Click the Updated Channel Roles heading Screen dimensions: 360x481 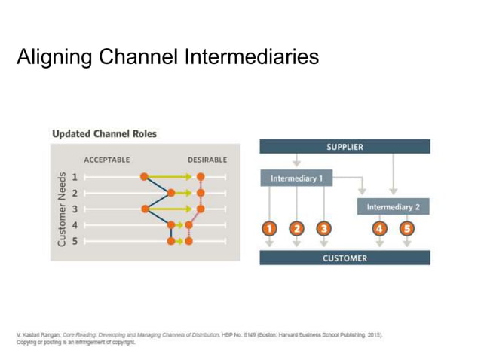[x=104, y=133]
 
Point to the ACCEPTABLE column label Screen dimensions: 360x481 [x=106, y=160]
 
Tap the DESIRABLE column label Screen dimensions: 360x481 [x=207, y=160]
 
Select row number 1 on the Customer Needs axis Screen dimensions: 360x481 [x=75, y=177]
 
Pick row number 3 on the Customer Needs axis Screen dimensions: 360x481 [x=75, y=209]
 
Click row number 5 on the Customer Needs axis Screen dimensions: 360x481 [x=75, y=241]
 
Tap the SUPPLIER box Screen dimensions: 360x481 [x=345, y=147]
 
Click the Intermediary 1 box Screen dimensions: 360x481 [x=296, y=179]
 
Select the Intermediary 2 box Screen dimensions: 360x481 [x=393, y=206]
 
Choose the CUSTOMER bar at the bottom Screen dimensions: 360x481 [x=345, y=258]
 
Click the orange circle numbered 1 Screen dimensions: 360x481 [x=270, y=229]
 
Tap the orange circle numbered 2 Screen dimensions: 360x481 [x=296, y=229]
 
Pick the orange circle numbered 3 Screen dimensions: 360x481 [x=323, y=229]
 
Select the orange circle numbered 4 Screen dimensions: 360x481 [x=380, y=229]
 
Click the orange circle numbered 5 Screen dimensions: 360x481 [x=407, y=229]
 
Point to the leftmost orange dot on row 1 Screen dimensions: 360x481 [x=145, y=177]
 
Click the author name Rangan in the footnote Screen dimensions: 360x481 [x=52, y=334]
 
